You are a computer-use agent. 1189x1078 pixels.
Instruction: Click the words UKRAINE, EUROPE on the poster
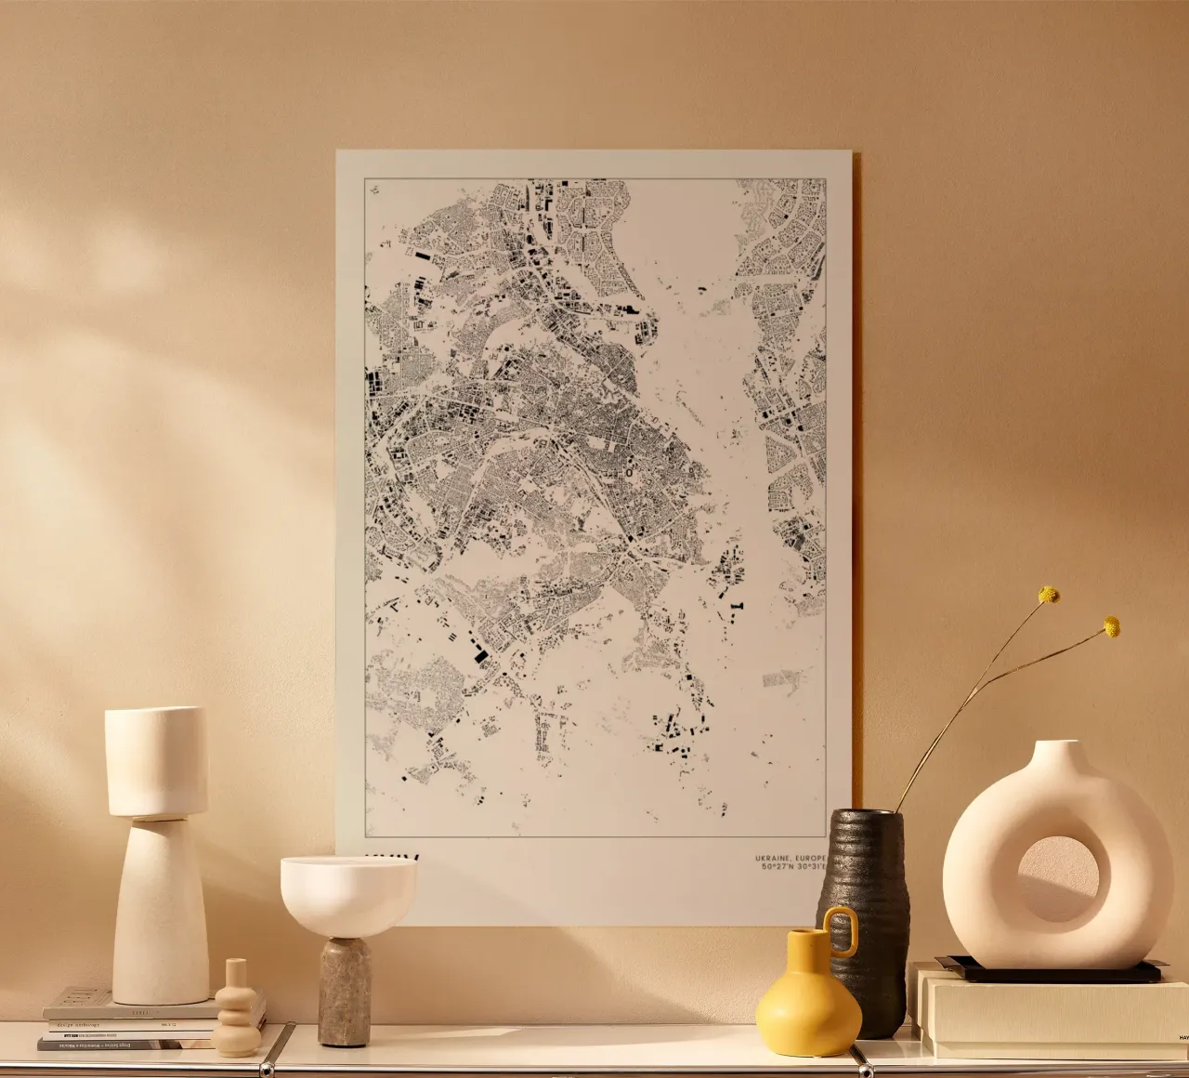point(791,856)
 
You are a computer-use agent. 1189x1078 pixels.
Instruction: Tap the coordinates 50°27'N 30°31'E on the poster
point(791,867)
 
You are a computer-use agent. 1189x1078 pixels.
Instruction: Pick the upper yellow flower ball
point(1049,595)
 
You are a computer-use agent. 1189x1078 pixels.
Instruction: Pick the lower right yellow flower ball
point(1111,627)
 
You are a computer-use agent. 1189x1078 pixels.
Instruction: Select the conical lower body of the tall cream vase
point(160,911)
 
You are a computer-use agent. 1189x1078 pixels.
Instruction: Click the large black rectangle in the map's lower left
point(481,655)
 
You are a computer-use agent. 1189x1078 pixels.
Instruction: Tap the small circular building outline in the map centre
point(631,472)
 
